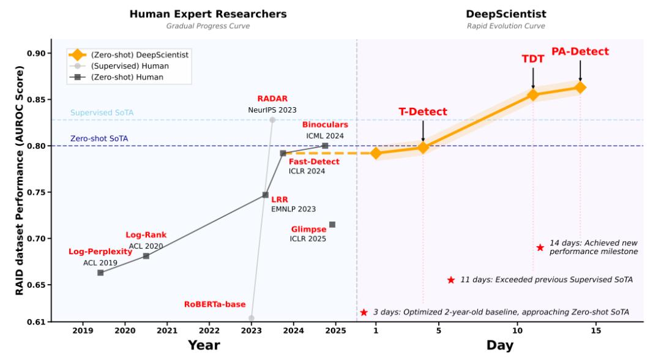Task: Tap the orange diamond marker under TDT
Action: point(533,94)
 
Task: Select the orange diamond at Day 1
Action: point(376,153)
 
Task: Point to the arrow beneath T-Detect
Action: point(423,130)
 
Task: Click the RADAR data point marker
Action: point(272,120)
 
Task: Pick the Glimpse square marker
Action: point(332,225)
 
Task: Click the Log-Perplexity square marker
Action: point(100,272)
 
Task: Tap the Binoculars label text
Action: point(325,125)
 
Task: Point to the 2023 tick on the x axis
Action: point(252,331)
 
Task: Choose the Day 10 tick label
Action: point(517,331)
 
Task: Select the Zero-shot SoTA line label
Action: point(99,139)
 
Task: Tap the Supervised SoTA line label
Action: point(102,113)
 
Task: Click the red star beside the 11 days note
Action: point(451,280)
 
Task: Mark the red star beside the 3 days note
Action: point(364,312)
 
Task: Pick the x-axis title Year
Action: point(204,345)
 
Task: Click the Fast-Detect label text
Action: point(314,161)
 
